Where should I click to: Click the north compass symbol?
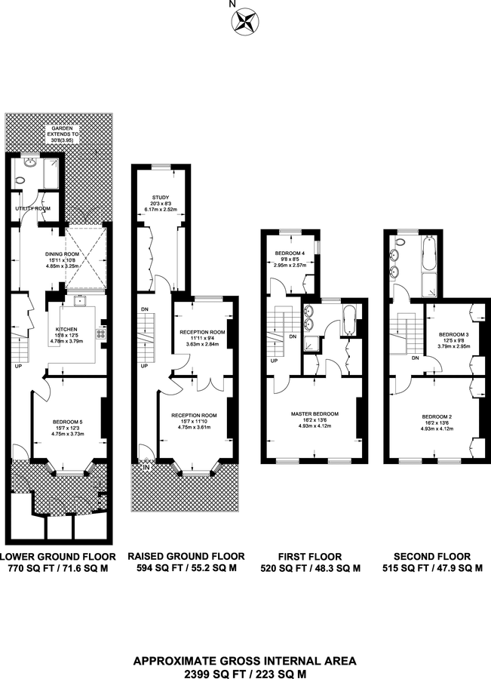pos(244,21)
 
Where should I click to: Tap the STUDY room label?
pos(161,198)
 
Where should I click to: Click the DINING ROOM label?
pos(63,254)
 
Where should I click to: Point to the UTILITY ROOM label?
pos(33,208)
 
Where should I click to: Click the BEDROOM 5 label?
pos(68,422)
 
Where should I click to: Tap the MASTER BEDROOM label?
pos(315,414)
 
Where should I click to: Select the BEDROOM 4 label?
pos(290,253)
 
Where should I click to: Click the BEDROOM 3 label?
pos(454,335)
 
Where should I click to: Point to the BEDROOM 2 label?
pos(437,417)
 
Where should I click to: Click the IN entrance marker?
pos(146,468)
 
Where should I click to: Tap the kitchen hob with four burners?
pos(100,333)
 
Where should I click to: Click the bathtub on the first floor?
pos(348,321)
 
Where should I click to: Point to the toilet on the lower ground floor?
pos(19,180)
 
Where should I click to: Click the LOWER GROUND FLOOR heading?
pos(58,557)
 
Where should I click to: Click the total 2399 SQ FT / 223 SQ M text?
pos(245,674)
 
